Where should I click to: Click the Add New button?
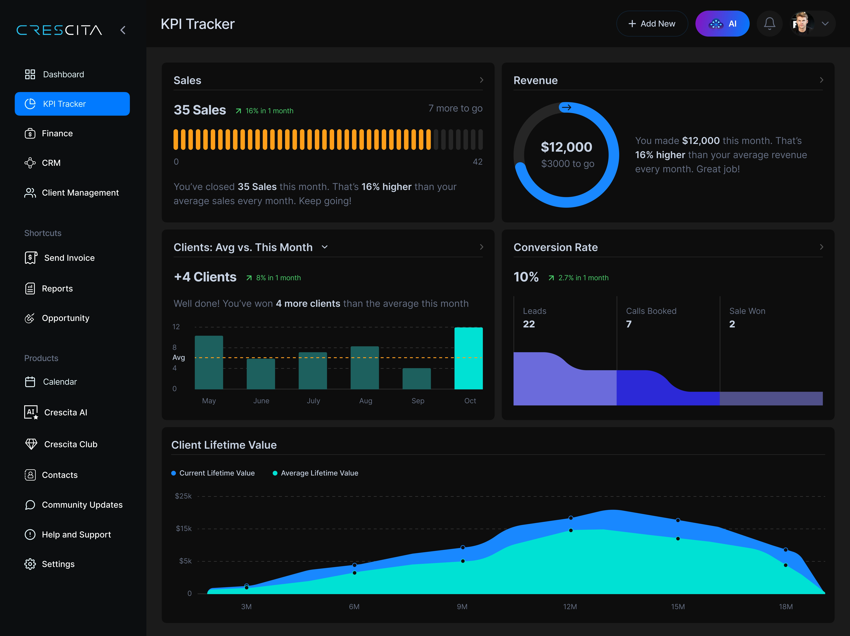coord(652,24)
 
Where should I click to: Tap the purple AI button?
coord(722,24)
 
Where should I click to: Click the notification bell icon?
coord(769,24)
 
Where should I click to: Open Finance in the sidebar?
coord(57,133)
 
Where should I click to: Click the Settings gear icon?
coord(30,564)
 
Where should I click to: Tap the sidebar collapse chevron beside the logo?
coord(123,30)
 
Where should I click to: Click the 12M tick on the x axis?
coord(570,607)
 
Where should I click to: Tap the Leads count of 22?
coord(529,324)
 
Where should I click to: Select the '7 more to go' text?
coord(455,109)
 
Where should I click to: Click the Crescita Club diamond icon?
coord(31,444)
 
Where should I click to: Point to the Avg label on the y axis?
coord(179,358)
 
